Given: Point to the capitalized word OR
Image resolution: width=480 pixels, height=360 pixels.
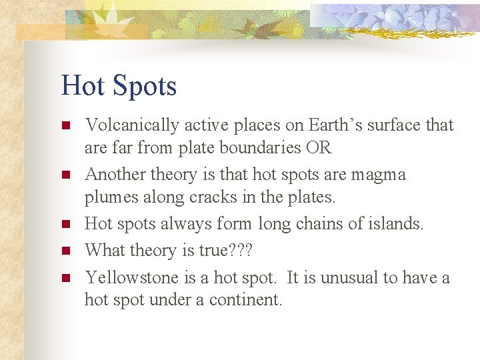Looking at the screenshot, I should coord(318,148).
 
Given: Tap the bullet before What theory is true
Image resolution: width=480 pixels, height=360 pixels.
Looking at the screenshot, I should coord(65,251).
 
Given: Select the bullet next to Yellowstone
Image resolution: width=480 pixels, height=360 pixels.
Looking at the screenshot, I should coord(65,278).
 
